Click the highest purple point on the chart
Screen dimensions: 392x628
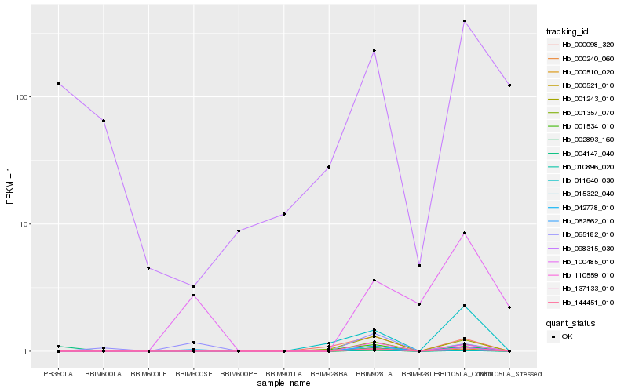[465, 20]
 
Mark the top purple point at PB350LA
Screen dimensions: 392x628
[58, 83]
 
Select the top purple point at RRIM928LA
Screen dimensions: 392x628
[374, 50]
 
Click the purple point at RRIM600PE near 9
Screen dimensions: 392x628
[239, 230]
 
